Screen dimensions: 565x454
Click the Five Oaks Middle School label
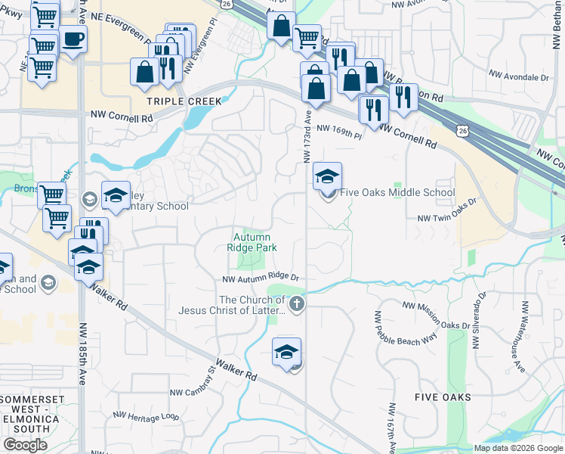tap(397, 192)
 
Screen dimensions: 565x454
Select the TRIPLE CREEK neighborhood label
tap(184, 101)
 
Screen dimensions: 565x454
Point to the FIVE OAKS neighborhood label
tap(443, 396)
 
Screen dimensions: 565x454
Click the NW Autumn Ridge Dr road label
tap(261, 278)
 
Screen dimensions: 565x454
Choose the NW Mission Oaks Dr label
tap(441, 306)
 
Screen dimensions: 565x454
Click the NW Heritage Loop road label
tap(146, 415)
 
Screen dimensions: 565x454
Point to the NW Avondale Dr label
tap(519, 77)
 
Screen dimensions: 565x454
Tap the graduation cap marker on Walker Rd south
tap(287, 352)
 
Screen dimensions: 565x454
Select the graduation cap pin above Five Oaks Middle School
tap(327, 176)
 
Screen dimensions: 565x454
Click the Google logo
tap(25, 445)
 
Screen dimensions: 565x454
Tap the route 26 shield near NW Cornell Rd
tap(462, 131)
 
